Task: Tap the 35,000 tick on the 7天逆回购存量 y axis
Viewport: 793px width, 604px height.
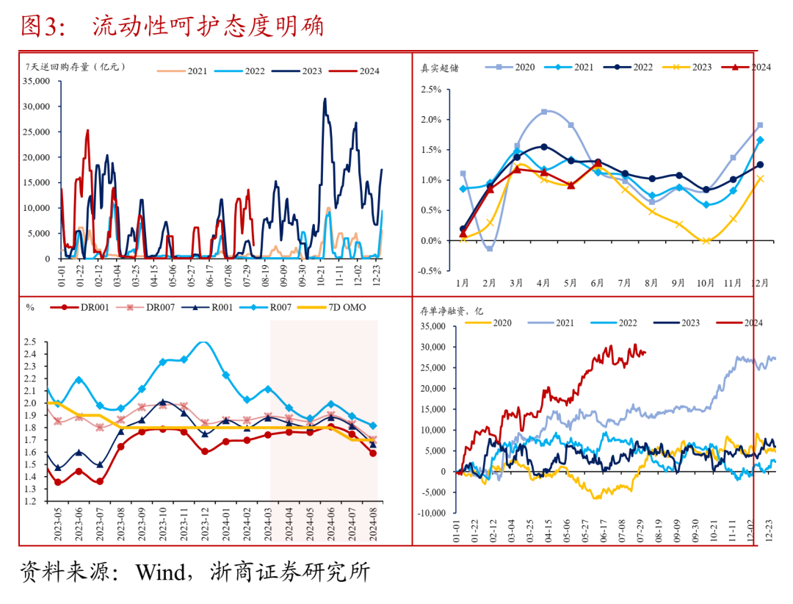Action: [37, 81]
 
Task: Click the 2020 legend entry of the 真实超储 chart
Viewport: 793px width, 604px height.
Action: [517, 67]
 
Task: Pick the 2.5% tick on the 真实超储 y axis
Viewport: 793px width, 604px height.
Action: [431, 90]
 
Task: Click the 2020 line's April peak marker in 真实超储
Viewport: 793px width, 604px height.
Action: [544, 112]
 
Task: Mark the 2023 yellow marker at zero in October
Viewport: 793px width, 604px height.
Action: [706, 240]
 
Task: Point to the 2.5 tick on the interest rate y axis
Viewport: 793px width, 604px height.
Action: [30, 342]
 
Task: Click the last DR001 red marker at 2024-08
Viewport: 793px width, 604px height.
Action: [373, 453]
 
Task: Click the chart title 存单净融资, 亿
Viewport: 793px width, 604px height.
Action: [451, 312]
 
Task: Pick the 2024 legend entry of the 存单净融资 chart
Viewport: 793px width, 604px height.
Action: [749, 323]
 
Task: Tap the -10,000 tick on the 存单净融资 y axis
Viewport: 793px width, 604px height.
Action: [432, 513]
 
